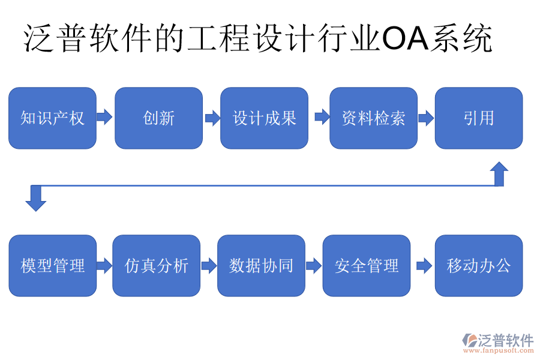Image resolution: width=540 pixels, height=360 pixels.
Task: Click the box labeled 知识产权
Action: click(x=52, y=118)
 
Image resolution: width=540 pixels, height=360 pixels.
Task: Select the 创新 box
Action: click(x=158, y=118)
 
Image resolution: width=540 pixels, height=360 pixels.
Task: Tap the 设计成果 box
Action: click(x=264, y=118)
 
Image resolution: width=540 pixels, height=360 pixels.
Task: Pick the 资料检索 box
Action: click(x=373, y=118)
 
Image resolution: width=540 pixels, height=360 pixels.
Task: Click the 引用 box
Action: click(x=478, y=118)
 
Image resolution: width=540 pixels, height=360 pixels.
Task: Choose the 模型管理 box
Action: click(x=52, y=265)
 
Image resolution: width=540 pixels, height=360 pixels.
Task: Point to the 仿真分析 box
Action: click(x=156, y=265)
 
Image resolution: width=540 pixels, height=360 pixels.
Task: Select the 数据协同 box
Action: click(x=261, y=265)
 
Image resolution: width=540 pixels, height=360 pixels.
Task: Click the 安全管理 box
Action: click(x=367, y=265)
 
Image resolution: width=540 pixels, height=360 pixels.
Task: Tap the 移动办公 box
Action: click(x=478, y=265)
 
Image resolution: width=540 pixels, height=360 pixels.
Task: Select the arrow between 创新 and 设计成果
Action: click(x=212, y=117)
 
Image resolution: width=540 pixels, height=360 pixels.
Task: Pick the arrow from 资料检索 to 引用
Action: click(x=426, y=118)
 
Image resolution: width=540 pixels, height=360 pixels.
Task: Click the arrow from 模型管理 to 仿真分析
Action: click(x=104, y=265)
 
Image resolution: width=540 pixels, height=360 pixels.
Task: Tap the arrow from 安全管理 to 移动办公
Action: click(x=424, y=265)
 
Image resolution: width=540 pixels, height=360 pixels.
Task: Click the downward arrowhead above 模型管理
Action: click(x=36, y=200)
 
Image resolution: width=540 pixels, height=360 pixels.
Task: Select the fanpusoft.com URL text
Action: click(x=497, y=350)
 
